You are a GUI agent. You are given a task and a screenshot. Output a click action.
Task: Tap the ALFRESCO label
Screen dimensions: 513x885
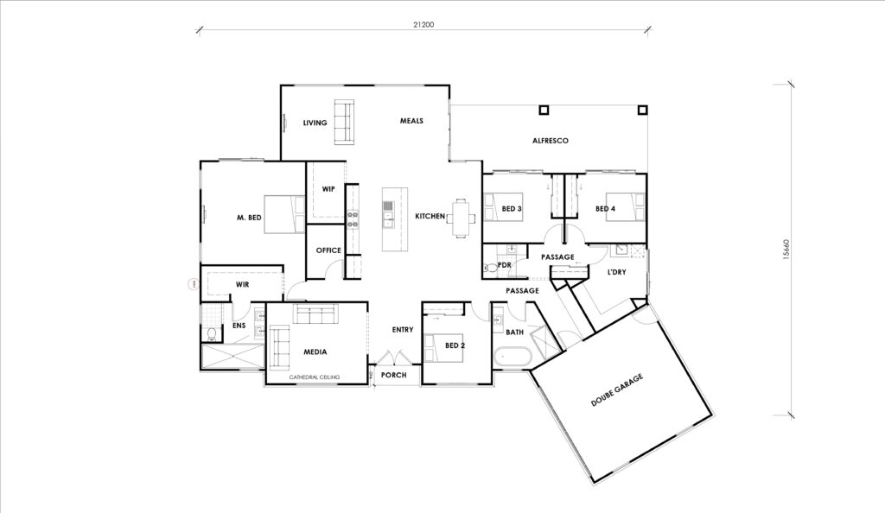pyautogui.click(x=549, y=140)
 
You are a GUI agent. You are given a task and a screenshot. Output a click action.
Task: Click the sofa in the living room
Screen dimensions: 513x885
pyautogui.click(x=343, y=123)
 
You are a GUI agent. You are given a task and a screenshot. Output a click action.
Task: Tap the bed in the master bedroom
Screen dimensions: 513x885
pyautogui.click(x=284, y=214)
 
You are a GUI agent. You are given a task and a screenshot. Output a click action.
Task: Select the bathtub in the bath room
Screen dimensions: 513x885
pyautogui.click(x=511, y=356)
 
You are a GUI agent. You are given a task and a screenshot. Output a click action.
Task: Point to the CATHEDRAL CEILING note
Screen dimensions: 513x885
pyautogui.click(x=315, y=377)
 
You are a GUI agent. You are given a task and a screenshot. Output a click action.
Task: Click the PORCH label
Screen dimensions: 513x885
pyautogui.click(x=394, y=376)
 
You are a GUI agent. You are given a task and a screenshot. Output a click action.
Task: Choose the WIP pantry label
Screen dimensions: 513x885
pyautogui.click(x=328, y=188)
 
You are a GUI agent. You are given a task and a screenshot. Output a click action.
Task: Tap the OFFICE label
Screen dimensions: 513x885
pyautogui.click(x=328, y=250)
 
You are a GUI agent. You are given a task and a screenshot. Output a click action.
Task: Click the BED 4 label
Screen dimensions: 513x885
pyautogui.click(x=605, y=209)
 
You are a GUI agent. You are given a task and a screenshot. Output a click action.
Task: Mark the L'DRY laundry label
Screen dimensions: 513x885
pyautogui.click(x=616, y=272)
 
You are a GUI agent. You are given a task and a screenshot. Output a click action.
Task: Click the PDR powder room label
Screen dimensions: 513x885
pyautogui.click(x=505, y=265)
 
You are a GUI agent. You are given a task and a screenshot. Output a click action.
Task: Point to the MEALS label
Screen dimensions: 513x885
pyautogui.click(x=411, y=121)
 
